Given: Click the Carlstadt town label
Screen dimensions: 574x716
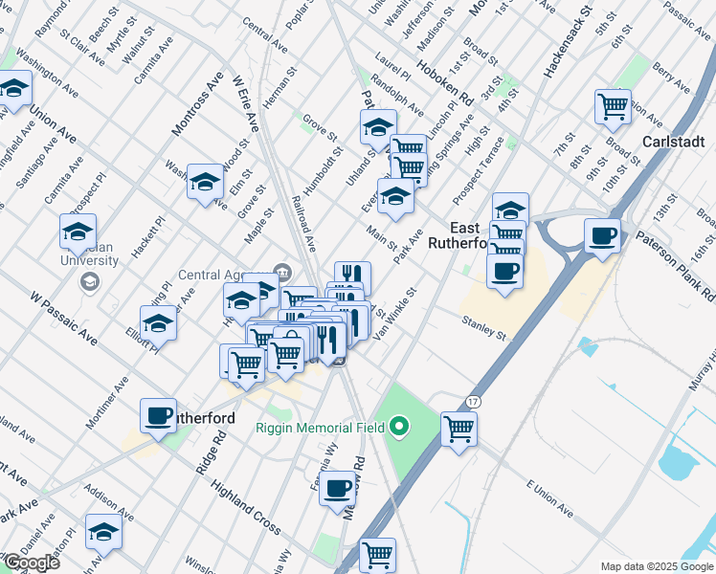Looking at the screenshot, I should point(674,142).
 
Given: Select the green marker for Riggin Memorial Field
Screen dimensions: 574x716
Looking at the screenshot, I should point(400,427).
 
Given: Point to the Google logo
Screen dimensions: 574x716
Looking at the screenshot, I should point(31,562).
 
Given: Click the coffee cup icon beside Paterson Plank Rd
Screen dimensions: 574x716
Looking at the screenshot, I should point(602,235).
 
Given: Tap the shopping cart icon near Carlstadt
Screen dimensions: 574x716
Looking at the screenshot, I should point(613,106).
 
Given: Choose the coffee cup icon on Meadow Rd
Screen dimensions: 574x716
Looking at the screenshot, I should point(337,488).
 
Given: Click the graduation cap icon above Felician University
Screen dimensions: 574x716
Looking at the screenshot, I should point(78,231).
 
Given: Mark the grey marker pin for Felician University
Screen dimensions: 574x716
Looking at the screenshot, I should point(90,281).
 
